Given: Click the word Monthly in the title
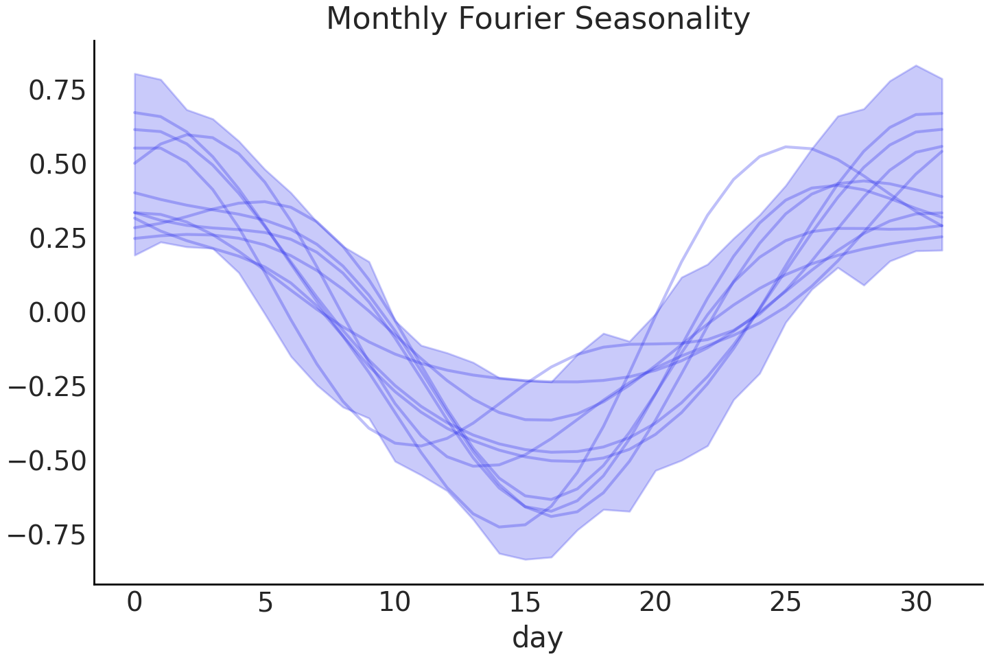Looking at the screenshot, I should (388, 19).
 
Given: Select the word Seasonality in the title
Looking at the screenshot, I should (662, 19).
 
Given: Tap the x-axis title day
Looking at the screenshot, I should (537, 637).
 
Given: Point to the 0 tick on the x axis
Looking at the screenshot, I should (134, 603).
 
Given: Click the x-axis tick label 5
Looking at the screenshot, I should (265, 603).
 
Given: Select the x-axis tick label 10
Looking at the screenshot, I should (395, 603).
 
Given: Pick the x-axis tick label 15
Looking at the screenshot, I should (525, 603).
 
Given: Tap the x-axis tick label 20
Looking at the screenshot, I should (655, 603).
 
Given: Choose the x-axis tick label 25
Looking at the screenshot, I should (785, 603).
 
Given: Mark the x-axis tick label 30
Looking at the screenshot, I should (915, 603).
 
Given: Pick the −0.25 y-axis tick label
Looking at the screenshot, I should (48, 387).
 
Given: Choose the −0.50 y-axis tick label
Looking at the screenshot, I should (48, 461).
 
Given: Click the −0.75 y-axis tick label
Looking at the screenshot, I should (48, 535).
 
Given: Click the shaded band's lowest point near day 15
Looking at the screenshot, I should (525, 559).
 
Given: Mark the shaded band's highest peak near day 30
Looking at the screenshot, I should (916, 66).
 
